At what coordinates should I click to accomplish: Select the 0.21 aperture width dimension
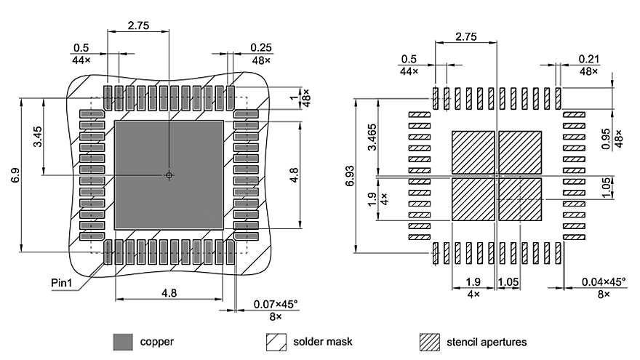(x=589, y=58)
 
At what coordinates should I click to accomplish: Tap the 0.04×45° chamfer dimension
(x=604, y=282)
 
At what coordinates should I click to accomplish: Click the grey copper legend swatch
(x=123, y=341)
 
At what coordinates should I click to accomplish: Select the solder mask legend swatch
(x=276, y=341)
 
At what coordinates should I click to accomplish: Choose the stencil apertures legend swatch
(x=430, y=341)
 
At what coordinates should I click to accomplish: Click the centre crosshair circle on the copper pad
(x=169, y=175)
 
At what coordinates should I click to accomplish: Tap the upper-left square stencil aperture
(x=473, y=152)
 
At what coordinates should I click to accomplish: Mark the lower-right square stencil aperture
(x=520, y=199)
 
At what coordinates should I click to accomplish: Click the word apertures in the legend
(x=503, y=342)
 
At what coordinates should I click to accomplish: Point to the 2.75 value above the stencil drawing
(x=466, y=36)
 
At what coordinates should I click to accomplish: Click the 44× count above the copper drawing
(x=81, y=60)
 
